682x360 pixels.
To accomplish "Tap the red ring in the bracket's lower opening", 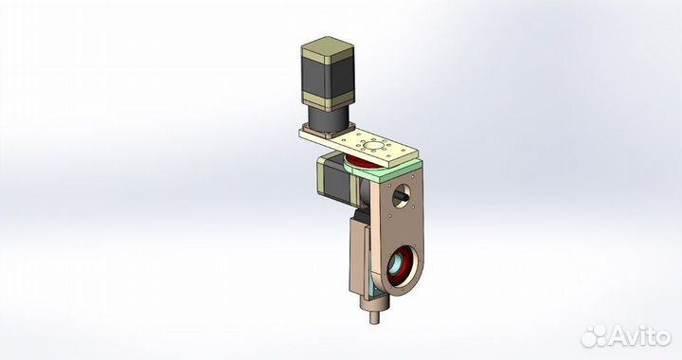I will point(399,266).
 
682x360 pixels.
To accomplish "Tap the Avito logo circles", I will point(594,335).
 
